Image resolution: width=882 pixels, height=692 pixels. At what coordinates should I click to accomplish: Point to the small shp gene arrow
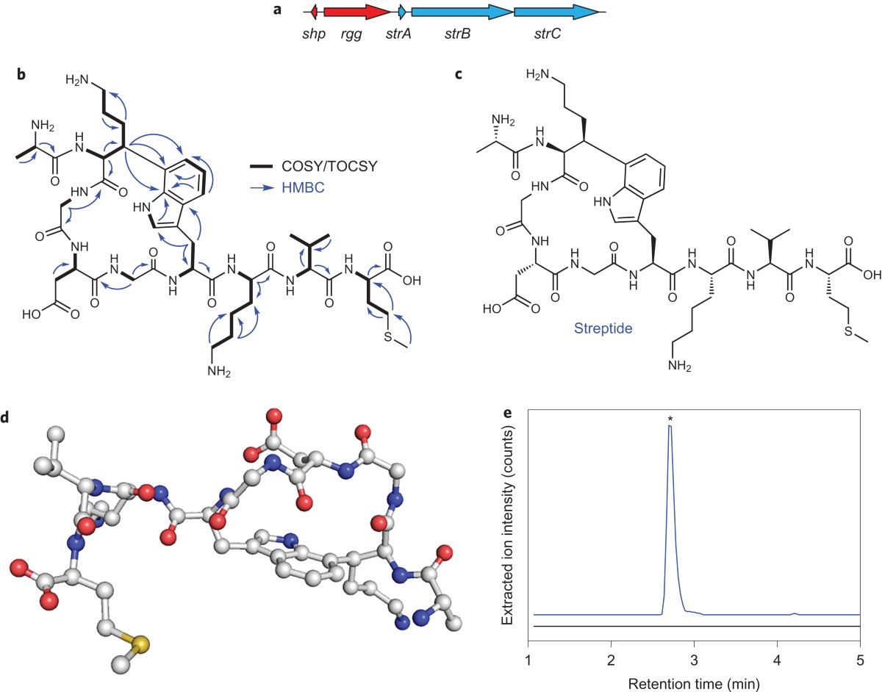(314, 12)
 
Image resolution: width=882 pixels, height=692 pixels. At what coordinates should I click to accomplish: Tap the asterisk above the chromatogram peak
(670, 419)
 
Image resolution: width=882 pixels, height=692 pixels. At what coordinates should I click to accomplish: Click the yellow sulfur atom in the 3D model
(140, 644)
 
